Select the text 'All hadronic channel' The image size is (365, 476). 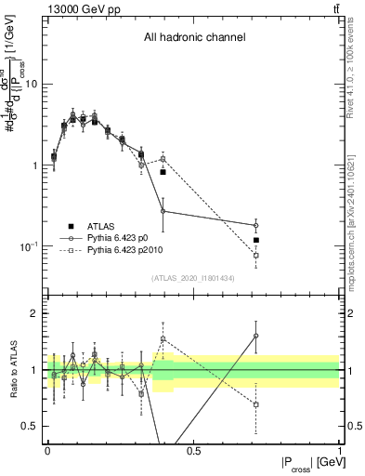[x=194, y=38]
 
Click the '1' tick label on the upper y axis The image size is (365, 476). [x=35, y=165]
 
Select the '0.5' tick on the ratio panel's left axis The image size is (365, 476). [x=31, y=426]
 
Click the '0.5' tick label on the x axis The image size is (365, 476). [x=193, y=449]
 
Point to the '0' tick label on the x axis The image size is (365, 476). [x=47, y=449]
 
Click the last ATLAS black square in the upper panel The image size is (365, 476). [x=255, y=240]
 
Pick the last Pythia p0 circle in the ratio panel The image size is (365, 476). [x=255, y=336]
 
